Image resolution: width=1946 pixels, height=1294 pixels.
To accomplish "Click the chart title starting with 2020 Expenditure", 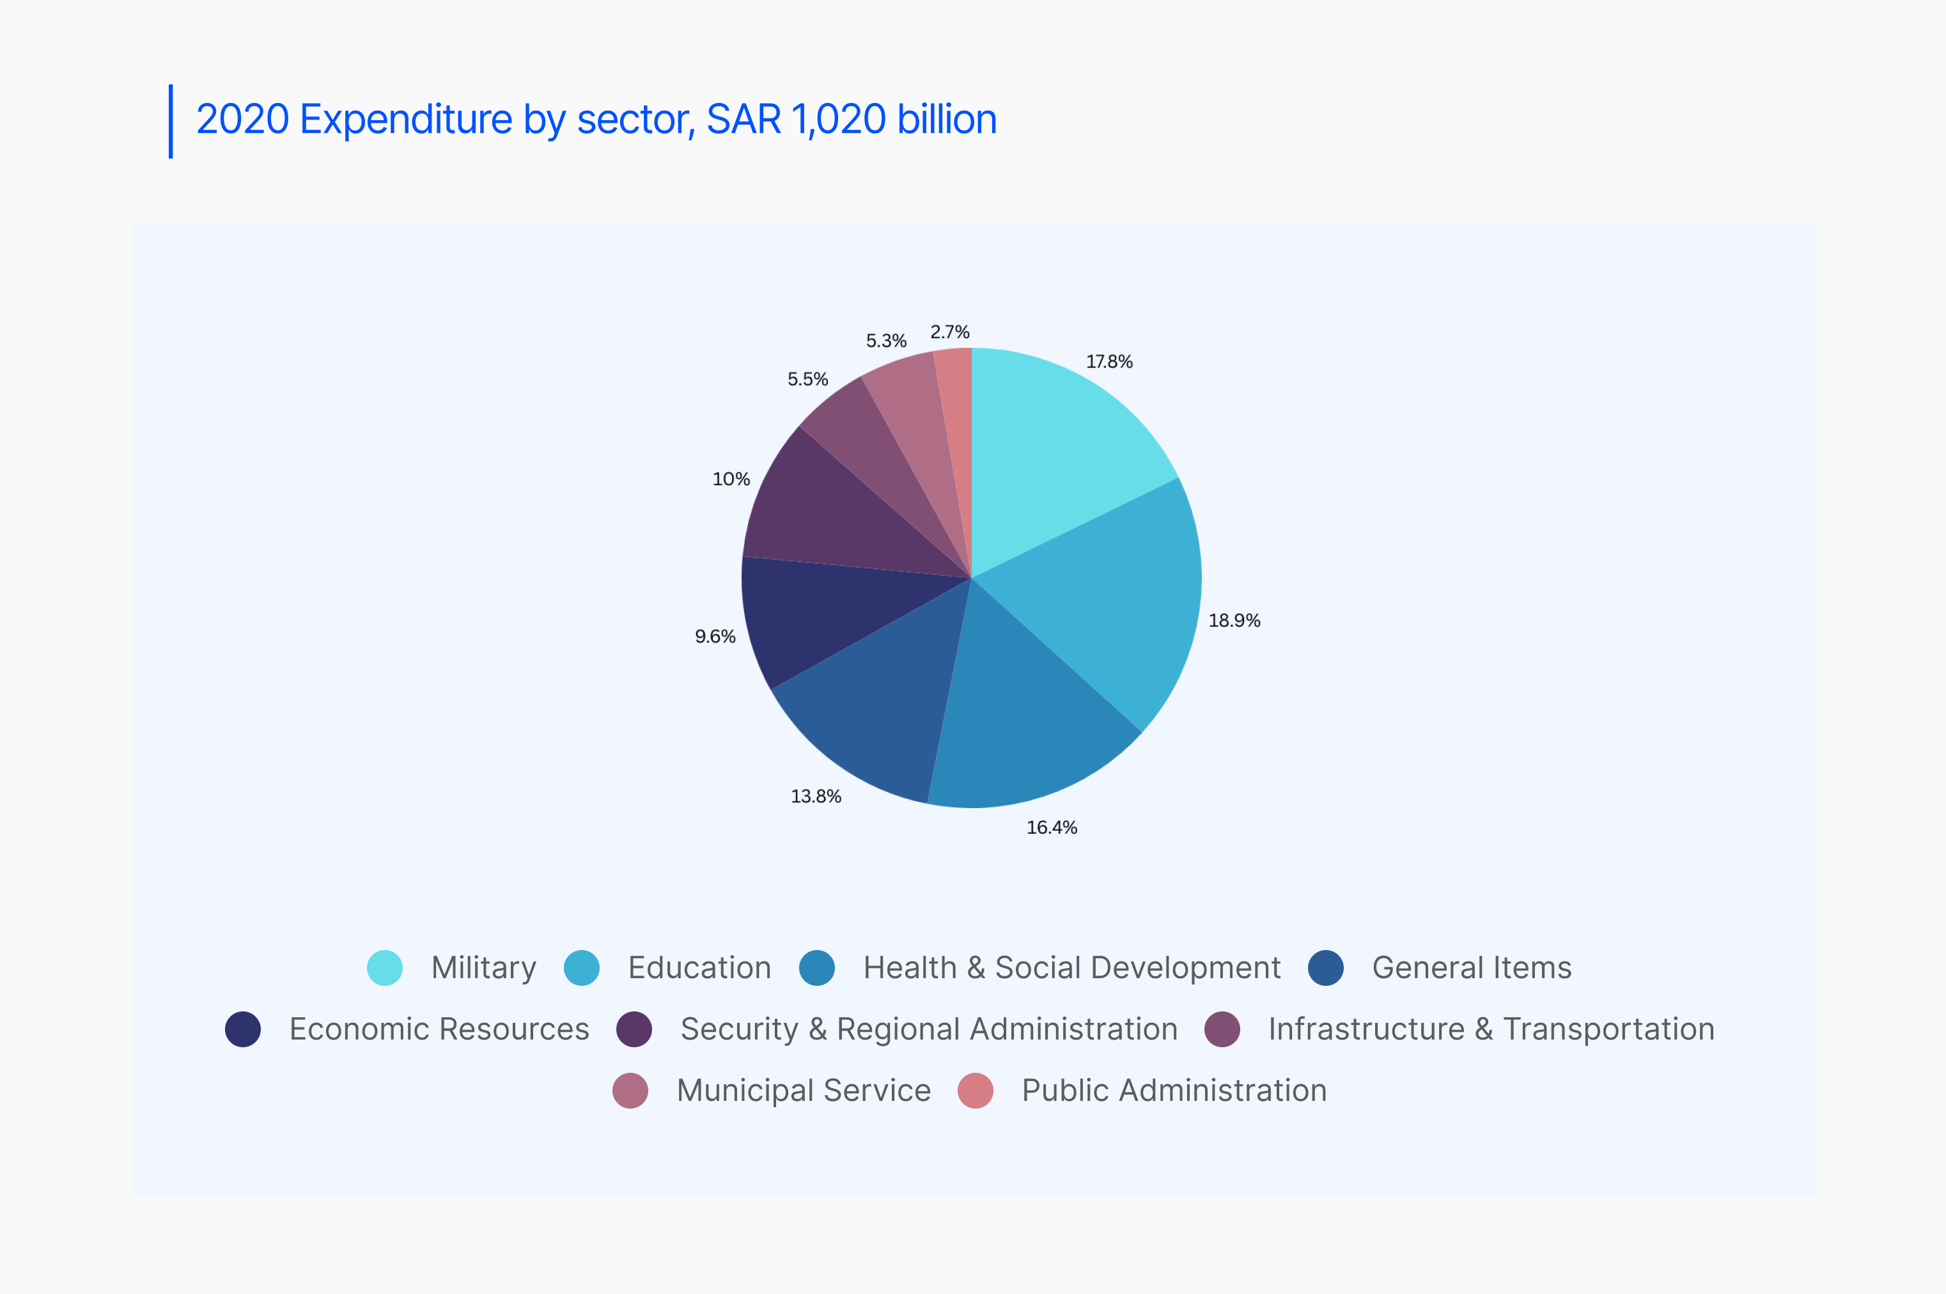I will coord(596,120).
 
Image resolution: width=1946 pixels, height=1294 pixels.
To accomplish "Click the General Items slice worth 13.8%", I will coord(883,710).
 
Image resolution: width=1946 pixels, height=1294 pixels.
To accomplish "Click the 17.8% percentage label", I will coord(1109,361).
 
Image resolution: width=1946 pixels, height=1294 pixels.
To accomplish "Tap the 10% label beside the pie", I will coord(730,479).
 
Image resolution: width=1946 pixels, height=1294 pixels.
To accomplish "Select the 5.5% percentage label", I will coord(807,380).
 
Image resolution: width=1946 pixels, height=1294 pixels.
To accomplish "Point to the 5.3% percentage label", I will coord(885,341).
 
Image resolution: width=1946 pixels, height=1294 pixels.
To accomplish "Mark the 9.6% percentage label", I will coord(715,636).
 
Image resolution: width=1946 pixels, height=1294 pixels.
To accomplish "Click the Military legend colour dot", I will coord(385,968).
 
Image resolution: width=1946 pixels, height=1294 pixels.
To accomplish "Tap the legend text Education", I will coord(699,968).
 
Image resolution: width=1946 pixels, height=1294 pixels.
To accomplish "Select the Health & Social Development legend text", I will coord(1071,968).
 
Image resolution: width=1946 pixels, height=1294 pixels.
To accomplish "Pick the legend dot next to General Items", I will coord(1325,968).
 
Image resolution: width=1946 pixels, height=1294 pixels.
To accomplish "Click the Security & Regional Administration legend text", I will coord(928,1029).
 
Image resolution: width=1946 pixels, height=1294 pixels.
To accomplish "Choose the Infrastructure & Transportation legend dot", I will coord(1222,1029).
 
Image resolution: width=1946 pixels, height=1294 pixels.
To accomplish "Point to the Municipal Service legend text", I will coord(803,1091).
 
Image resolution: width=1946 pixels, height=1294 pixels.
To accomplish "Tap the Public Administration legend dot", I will coord(975,1091).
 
